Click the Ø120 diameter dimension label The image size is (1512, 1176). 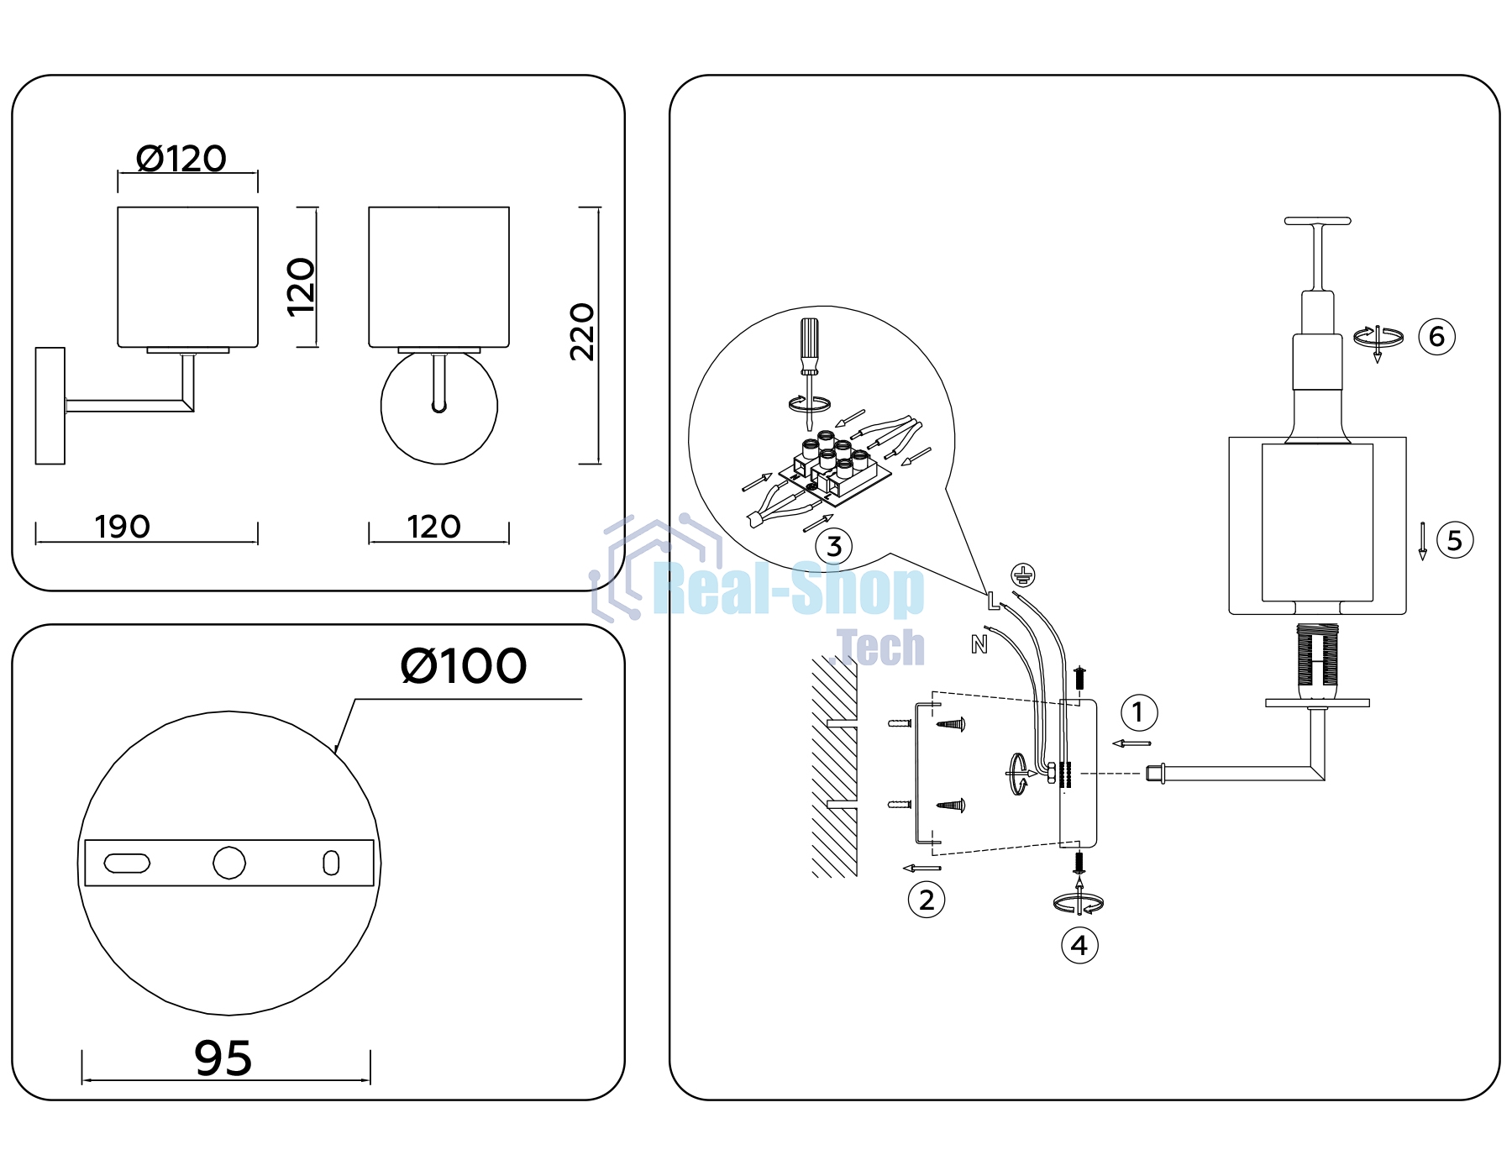click(x=181, y=159)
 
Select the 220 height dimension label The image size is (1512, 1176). click(x=582, y=332)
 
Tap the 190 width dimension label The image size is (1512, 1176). click(x=123, y=527)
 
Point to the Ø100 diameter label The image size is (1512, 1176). click(x=464, y=666)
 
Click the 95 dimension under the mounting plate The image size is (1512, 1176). click(x=223, y=1058)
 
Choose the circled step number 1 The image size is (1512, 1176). click(x=1139, y=712)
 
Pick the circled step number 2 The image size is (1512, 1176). click(x=927, y=900)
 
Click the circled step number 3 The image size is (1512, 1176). click(x=834, y=546)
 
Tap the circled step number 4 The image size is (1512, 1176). click(x=1079, y=946)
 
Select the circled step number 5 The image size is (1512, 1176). click(x=1455, y=540)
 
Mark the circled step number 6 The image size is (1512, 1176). click(x=1436, y=337)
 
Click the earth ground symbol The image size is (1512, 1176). click(x=1022, y=575)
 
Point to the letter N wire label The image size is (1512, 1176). click(x=979, y=644)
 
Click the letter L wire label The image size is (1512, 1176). click(x=993, y=601)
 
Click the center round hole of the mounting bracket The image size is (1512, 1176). click(x=229, y=863)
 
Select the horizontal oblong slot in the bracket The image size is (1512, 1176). click(x=127, y=864)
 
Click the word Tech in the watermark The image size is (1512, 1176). click(x=881, y=648)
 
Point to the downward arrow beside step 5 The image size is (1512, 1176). click(x=1422, y=541)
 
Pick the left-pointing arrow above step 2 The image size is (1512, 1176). click(x=921, y=869)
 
